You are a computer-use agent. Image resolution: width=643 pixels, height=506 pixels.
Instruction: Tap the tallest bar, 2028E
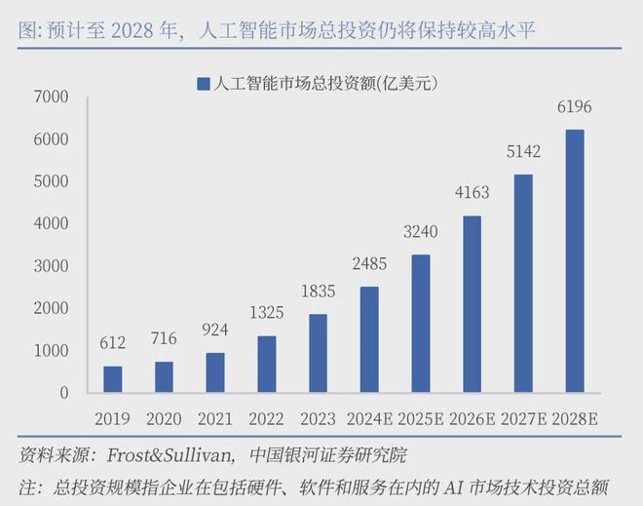[576, 260]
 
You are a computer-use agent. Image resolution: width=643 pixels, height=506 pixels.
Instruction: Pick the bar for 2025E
[421, 323]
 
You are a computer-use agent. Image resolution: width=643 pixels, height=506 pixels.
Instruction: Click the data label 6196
[575, 107]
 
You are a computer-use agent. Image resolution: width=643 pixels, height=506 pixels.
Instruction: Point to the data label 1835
[319, 292]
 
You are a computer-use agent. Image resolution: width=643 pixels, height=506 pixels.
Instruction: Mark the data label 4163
[473, 193]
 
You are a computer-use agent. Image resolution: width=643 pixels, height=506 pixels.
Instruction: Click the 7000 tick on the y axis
[50, 97]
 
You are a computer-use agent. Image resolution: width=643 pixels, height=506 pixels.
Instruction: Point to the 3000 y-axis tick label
[50, 266]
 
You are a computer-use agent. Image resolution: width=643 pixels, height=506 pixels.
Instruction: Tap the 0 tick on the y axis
[63, 392]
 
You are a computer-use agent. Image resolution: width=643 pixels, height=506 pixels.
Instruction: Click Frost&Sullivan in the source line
[167, 455]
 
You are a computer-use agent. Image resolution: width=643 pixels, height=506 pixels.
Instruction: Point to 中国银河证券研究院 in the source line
[328, 455]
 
